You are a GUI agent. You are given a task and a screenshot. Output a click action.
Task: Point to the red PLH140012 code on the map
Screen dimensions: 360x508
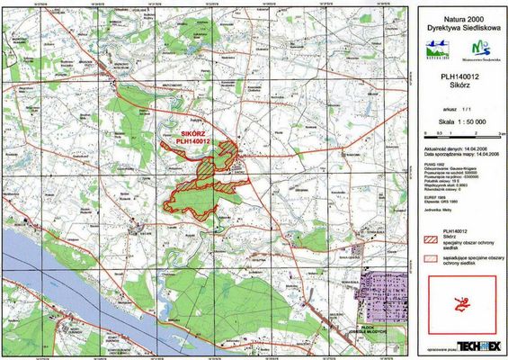(193, 140)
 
